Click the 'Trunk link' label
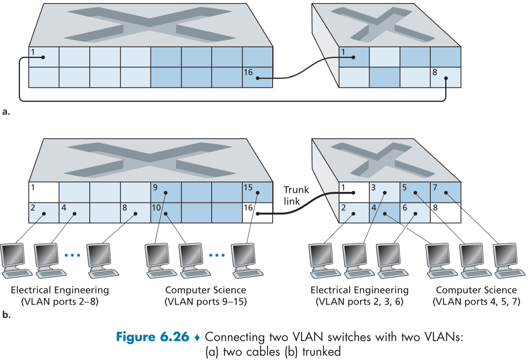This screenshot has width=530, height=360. [x=296, y=196]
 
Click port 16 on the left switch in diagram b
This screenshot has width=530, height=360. [x=257, y=213]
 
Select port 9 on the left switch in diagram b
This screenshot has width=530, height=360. [x=166, y=192]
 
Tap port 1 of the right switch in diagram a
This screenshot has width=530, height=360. [x=354, y=57]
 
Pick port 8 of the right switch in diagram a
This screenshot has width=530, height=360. [x=446, y=77]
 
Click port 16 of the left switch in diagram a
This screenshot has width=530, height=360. [x=257, y=77]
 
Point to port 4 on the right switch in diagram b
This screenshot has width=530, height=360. [x=384, y=213]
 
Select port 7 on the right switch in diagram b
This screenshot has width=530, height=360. [x=446, y=192]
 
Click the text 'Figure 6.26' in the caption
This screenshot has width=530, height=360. [x=153, y=337]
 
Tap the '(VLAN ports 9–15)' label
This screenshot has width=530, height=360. [x=206, y=302]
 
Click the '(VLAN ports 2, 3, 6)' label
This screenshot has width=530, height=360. [x=359, y=302]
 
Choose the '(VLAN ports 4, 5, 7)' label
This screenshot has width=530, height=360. [x=476, y=302]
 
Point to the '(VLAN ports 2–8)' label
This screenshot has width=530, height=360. [x=60, y=302]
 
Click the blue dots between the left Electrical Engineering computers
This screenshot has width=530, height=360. [x=72, y=255]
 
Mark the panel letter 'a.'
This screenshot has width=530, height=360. [x=6, y=112]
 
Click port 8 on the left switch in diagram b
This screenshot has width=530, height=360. [x=135, y=213]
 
